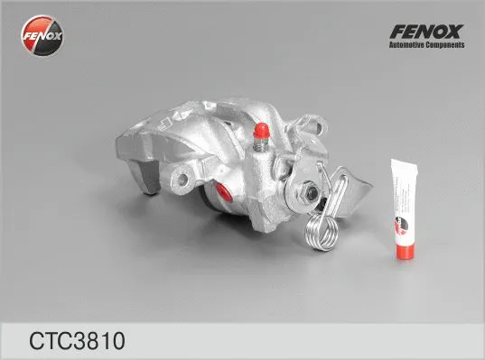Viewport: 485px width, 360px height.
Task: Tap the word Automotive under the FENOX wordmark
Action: [x=406, y=46]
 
